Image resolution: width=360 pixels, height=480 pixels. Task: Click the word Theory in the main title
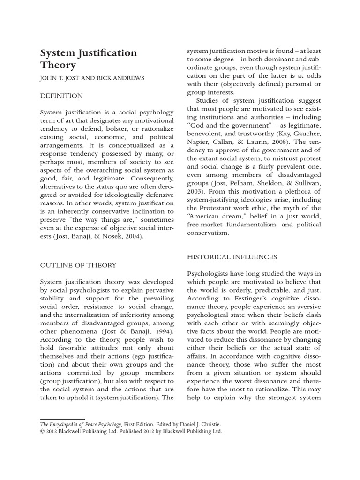click(x=58, y=65)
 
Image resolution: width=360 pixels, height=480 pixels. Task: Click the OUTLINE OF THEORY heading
click(x=78, y=265)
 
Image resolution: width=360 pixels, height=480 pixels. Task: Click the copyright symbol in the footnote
click(x=42, y=431)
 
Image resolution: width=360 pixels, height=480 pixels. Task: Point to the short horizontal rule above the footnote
click(x=62, y=419)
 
